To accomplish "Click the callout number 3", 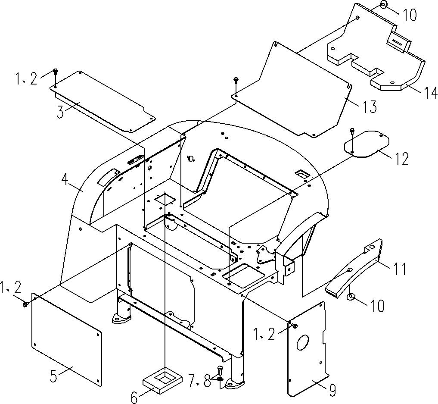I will click(61, 112).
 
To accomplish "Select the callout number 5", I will click(53, 376).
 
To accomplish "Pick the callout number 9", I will click(332, 390).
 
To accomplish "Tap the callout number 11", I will click(399, 269).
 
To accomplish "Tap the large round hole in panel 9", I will click(303, 343).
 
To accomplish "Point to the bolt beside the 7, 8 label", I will click(220, 371).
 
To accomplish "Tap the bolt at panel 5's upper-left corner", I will click(25, 304).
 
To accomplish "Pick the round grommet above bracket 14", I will click(383, 6).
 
